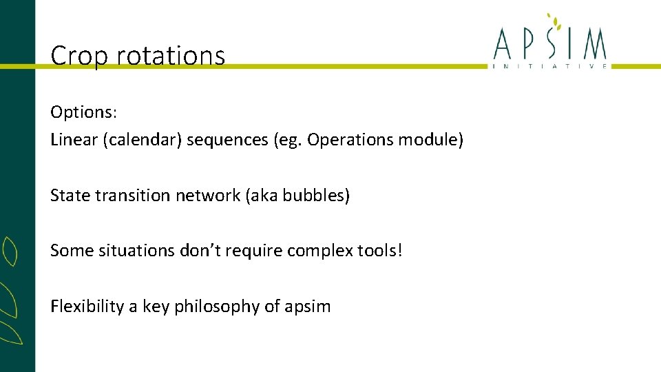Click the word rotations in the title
coord(171,56)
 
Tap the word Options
coord(78,112)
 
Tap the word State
coord(70,196)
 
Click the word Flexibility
coord(87,307)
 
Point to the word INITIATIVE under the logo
coord(549,66)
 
